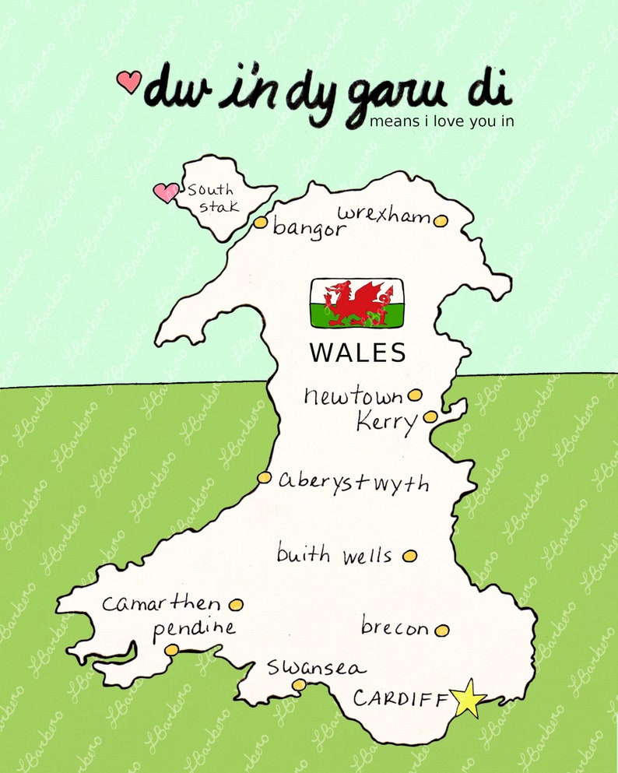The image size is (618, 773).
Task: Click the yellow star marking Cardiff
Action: pos(469,698)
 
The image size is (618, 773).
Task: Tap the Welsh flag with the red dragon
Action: pos(356,303)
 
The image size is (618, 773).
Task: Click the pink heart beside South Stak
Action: pos(165,192)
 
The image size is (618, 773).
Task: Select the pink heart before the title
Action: pos(129,81)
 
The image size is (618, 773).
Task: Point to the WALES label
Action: pos(358,353)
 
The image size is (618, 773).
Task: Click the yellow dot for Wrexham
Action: pos(441,220)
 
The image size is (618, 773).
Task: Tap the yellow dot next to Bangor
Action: pos(261,223)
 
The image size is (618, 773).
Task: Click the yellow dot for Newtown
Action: pos(415,395)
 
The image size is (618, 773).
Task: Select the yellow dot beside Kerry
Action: pos(430,416)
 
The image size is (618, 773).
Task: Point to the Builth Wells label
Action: pos(334,555)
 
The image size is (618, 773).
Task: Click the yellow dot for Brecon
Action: pos(442,630)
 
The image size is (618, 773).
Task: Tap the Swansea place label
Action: pos(315,668)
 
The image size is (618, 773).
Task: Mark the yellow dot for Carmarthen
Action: pos(236,604)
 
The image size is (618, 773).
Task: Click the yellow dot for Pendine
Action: pos(171,649)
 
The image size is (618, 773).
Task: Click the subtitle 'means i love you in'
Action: pos(441,121)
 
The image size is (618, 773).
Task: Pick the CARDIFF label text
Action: pos(401,698)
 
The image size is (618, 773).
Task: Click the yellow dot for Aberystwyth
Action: pos(265,477)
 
